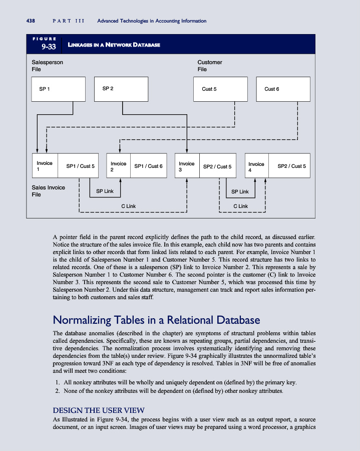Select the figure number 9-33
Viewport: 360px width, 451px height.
tap(45, 47)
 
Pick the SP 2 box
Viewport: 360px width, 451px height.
tap(122, 89)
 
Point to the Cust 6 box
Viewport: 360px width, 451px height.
tap(283, 89)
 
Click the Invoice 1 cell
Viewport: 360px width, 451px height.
tap(45, 166)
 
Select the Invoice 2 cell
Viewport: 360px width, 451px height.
tap(118, 166)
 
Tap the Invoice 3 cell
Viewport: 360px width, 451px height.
tap(186, 166)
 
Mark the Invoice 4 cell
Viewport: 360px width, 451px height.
tap(256, 166)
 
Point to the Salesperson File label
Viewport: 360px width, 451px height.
tap(47, 66)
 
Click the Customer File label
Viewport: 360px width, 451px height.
tap(210, 66)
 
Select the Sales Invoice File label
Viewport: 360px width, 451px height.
tap(48, 191)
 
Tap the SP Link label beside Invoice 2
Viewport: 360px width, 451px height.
tap(105, 191)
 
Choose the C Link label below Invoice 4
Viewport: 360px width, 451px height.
tap(241, 206)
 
